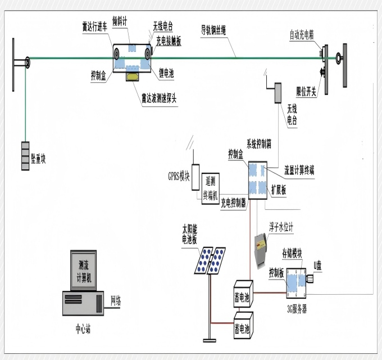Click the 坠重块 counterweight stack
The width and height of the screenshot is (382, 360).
[25, 156]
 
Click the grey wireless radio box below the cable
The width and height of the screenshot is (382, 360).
[277, 93]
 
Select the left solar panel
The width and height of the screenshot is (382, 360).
[203, 260]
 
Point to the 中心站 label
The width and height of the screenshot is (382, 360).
[85, 325]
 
